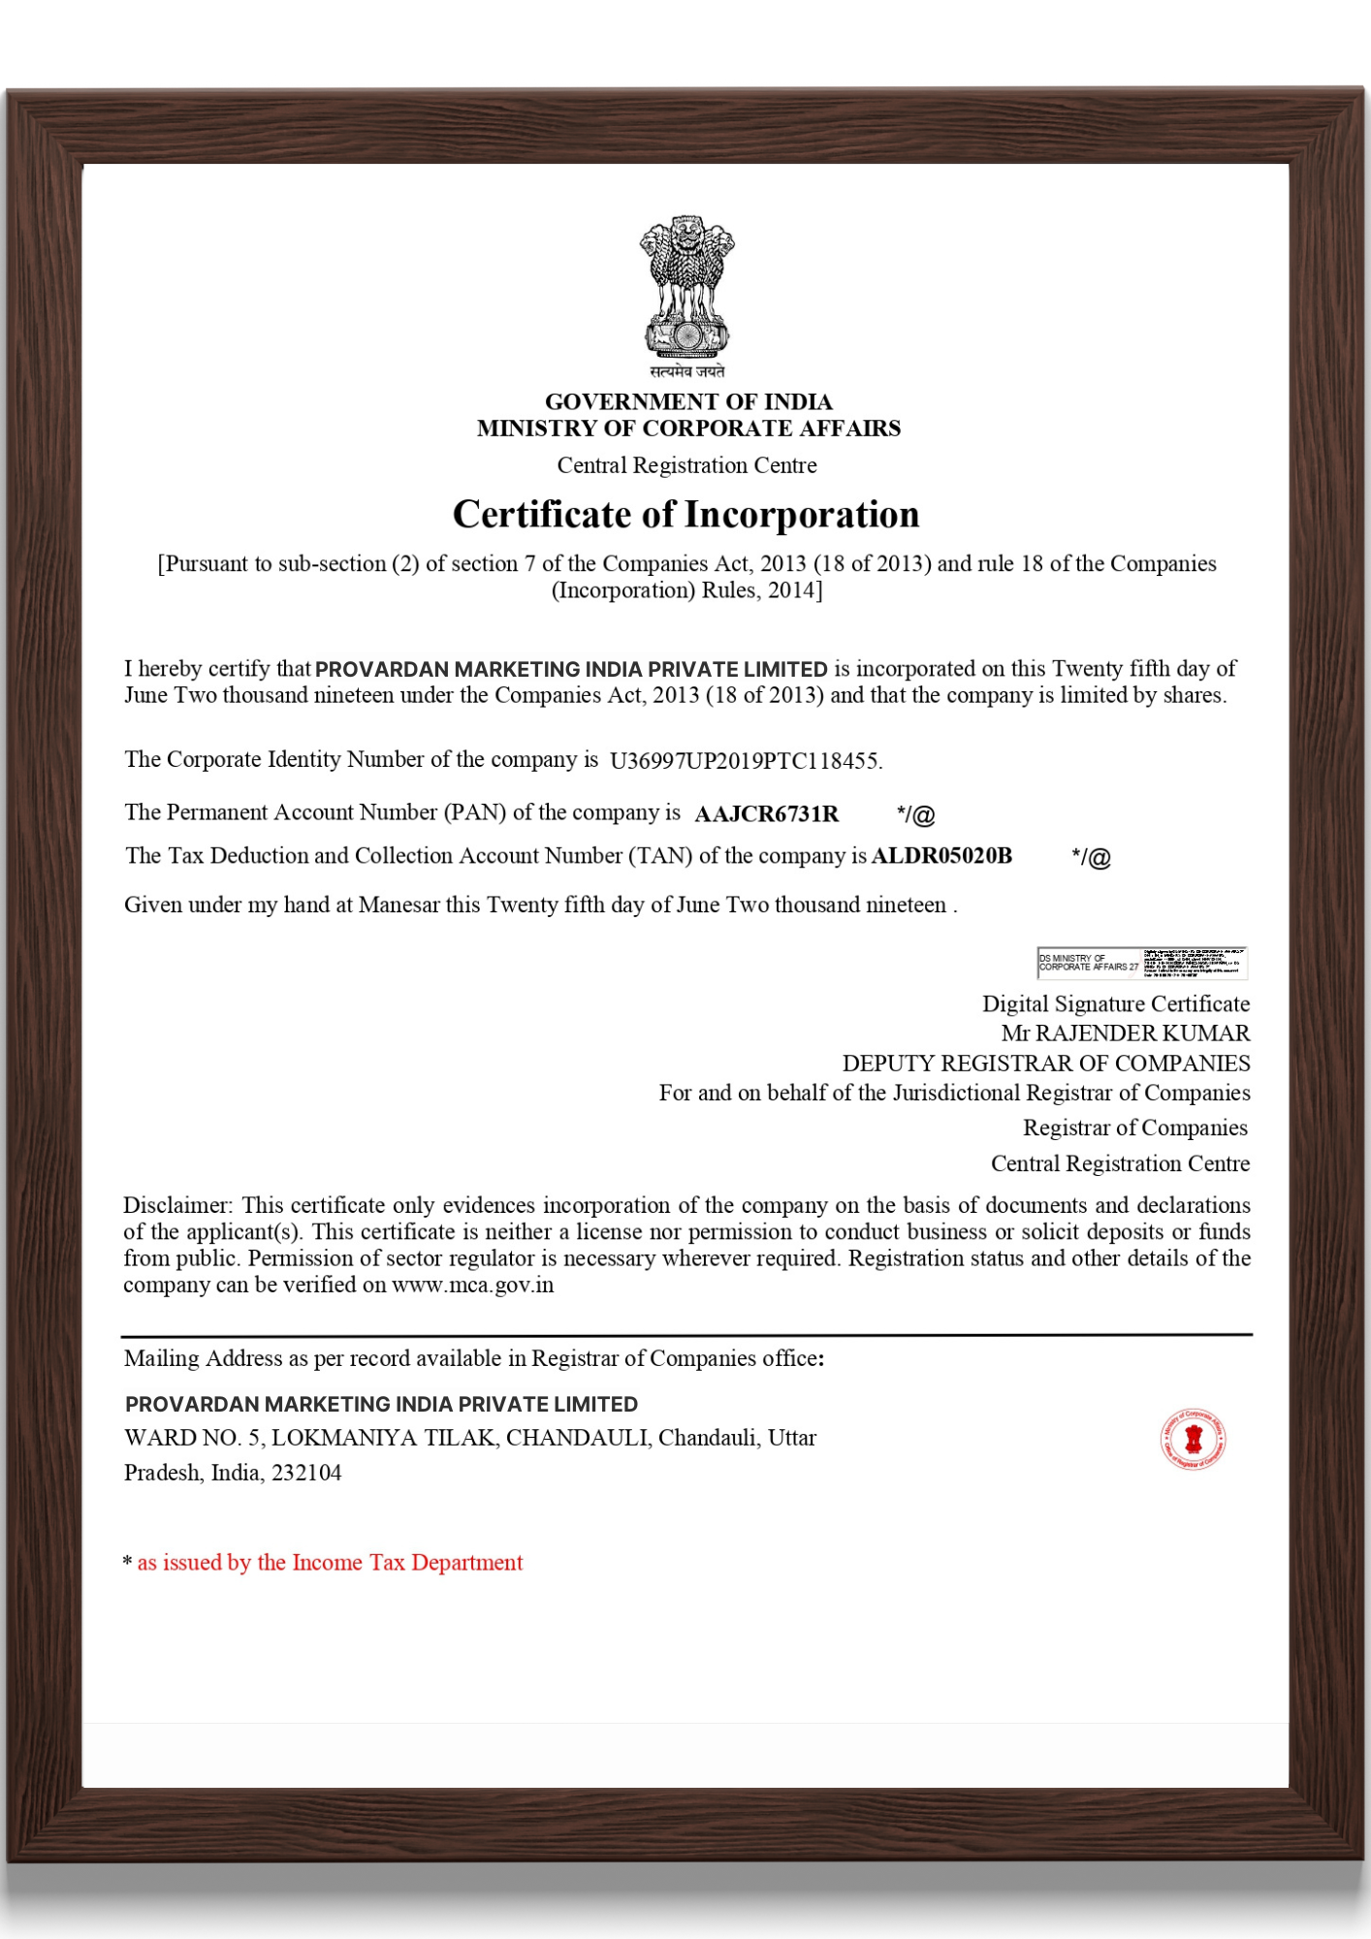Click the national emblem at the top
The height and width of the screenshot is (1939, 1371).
click(686, 286)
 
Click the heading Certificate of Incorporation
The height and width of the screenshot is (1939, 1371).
click(685, 515)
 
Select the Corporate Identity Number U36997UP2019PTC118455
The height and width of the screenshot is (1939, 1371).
click(745, 761)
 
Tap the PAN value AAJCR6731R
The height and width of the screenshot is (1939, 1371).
click(766, 814)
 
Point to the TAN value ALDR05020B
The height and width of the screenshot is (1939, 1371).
click(941, 856)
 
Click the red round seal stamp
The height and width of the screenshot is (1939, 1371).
click(1194, 1439)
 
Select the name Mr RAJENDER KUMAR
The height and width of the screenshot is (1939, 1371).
click(1125, 1033)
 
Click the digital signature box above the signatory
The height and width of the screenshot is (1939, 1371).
click(1141, 963)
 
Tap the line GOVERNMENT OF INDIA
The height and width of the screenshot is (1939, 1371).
click(688, 401)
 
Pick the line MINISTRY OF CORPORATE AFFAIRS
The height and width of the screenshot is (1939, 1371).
click(688, 429)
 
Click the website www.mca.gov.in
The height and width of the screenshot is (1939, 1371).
click(472, 1286)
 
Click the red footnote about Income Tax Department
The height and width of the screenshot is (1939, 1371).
click(330, 1563)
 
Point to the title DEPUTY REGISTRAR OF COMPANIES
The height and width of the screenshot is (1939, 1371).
click(1045, 1064)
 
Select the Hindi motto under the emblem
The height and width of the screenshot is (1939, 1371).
click(686, 371)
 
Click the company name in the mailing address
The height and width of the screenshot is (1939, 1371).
click(381, 1405)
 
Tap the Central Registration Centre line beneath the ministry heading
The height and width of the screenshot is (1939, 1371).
click(686, 466)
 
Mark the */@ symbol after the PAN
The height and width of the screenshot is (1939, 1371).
click(915, 815)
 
